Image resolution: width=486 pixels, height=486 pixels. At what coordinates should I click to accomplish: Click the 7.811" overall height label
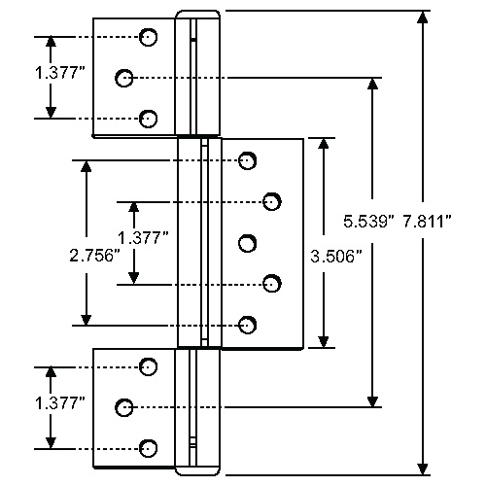pyautogui.click(x=427, y=222)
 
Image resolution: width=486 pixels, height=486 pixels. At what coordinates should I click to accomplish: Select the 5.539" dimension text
pyautogui.click(x=368, y=222)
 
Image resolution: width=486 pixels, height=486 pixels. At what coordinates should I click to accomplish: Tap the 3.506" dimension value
pyautogui.click(x=336, y=257)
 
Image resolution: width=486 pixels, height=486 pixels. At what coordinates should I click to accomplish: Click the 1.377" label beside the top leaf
pyautogui.click(x=60, y=73)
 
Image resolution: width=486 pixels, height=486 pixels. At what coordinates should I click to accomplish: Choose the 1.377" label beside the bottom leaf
pyautogui.click(x=60, y=403)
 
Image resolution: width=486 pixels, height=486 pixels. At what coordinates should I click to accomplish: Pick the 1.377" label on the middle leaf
pyautogui.click(x=143, y=238)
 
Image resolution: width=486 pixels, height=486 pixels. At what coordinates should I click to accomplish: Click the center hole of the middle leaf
pyautogui.click(x=248, y=243)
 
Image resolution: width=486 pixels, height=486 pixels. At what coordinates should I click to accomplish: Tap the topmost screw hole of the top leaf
pyautogui.click(x=148, y=37)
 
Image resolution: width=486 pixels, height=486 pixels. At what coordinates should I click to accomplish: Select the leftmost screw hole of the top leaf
pyautogui.click(x=124, y=78)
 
